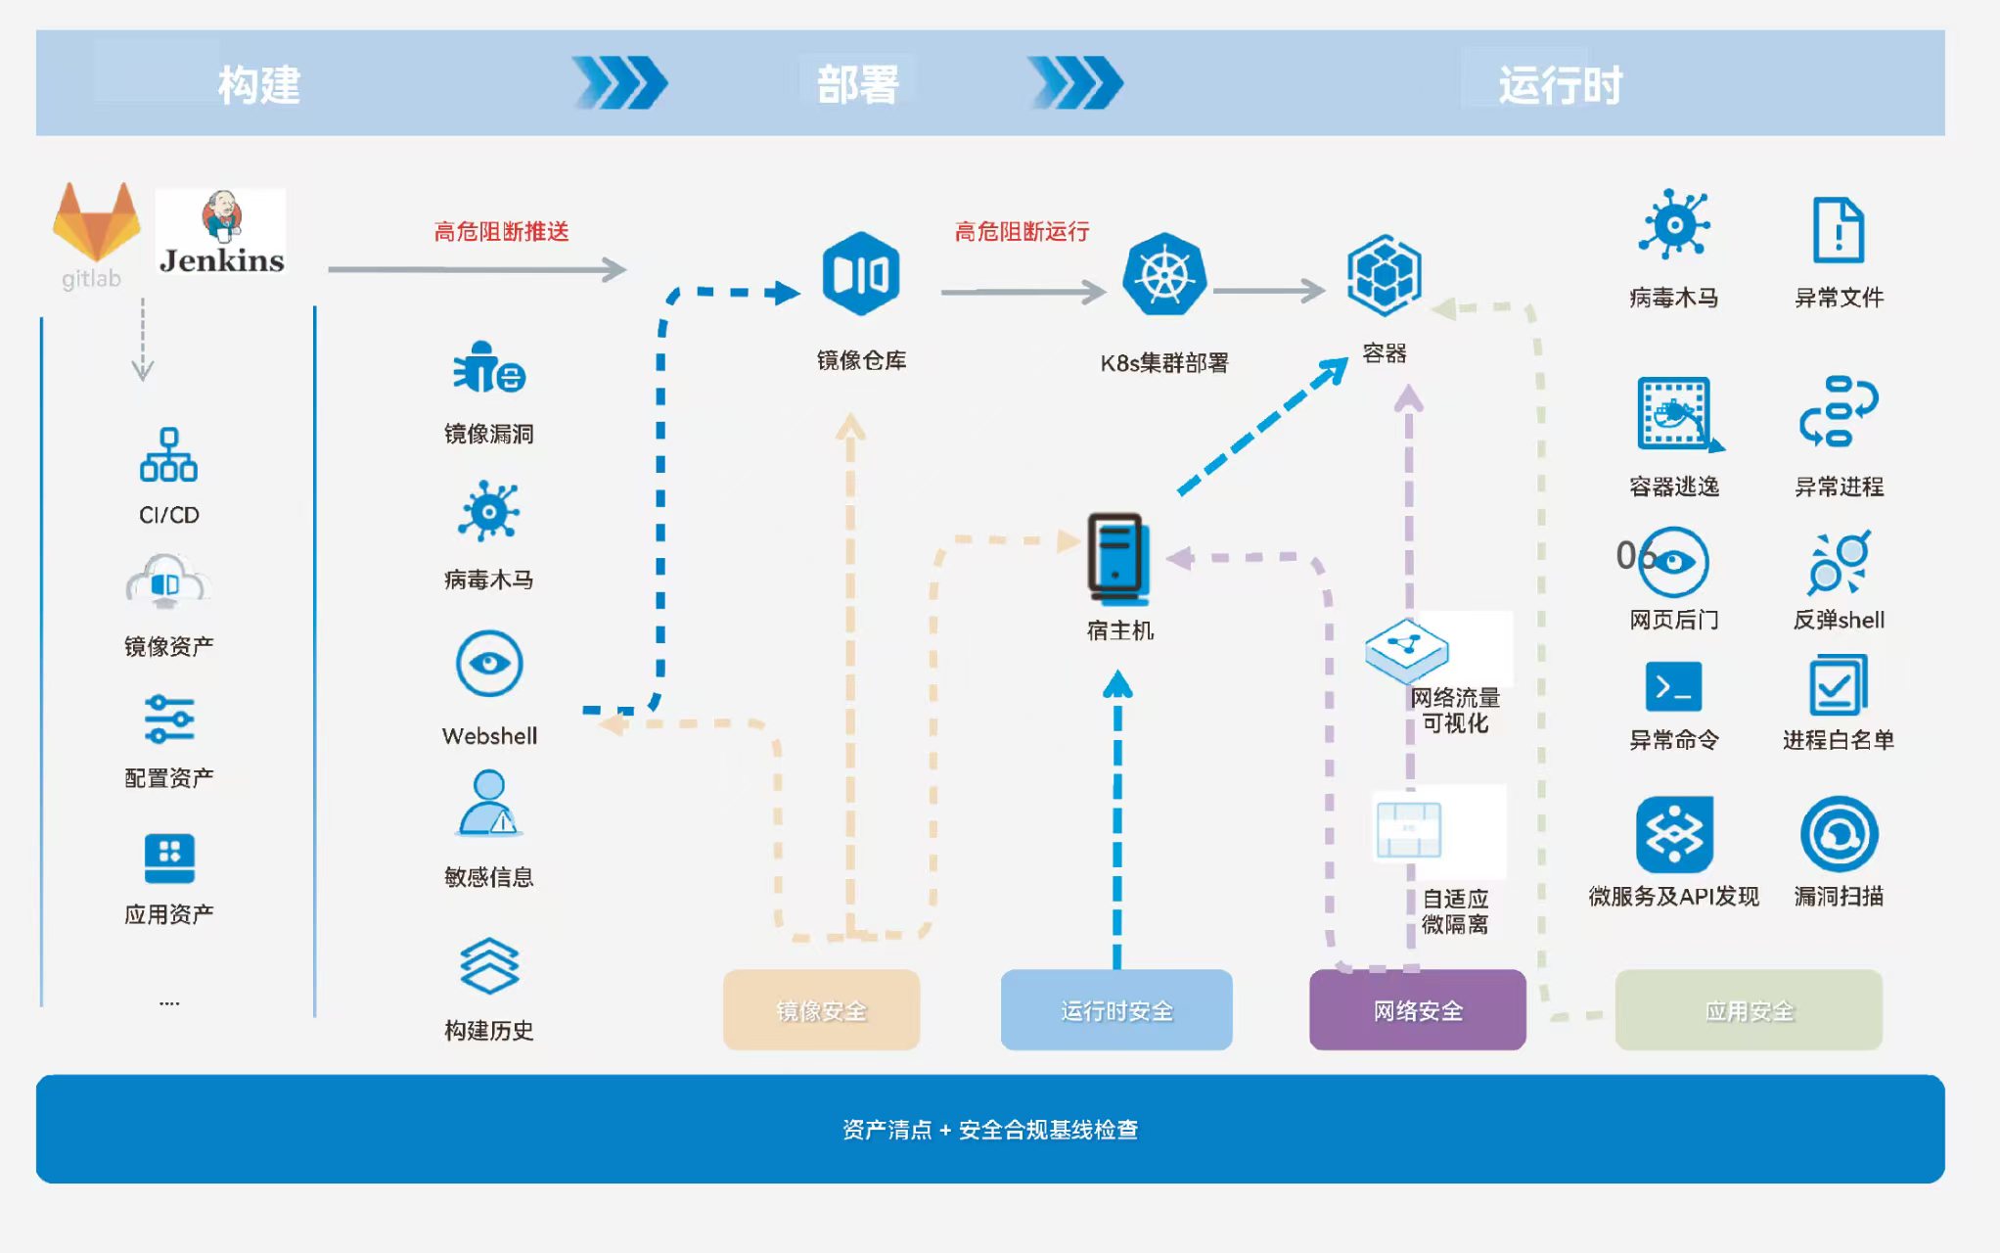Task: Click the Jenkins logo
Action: point(221,233)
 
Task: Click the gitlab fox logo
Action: point(96,223)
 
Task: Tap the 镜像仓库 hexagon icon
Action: point(860,274)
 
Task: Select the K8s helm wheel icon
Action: point(1163,275)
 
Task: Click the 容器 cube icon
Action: point(1384,274)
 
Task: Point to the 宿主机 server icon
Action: point(1116,557)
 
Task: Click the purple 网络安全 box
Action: point(1417,1010)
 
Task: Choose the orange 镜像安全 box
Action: point(821,1010)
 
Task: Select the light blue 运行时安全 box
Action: point(1116,1010)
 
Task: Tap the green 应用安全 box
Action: point(1749,1010)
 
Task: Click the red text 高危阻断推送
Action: point(501,232)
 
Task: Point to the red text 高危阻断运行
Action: point(1022,232)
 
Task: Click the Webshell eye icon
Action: point(489,664)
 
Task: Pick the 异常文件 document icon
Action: point(1838,230)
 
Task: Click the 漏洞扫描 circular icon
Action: point(1839,834)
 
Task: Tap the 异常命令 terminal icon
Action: point(1673,687)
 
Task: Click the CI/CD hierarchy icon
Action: point(168,455)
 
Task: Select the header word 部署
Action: point(857,85)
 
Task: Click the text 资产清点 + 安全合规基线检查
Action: point(989,1130)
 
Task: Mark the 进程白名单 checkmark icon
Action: point(1838,686)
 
